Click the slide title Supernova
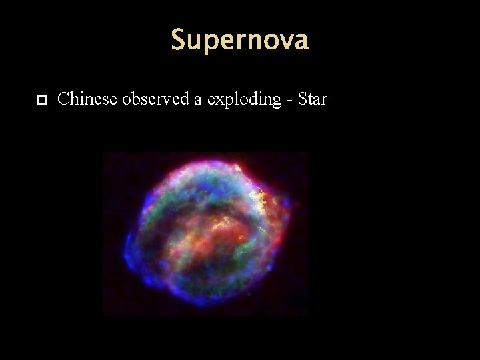[239, 41]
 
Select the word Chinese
[83, 100]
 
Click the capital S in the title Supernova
[177, 41]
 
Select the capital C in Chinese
[64, 100]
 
